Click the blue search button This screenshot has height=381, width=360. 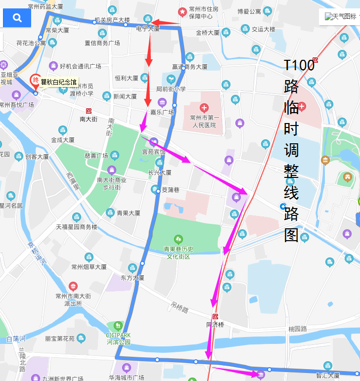pos(17,18)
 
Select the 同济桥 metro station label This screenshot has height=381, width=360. pos(215,325)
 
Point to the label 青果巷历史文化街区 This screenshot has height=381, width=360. pos(178,253)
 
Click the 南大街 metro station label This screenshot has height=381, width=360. pos(89,119)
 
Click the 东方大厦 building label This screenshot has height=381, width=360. pos(132,278)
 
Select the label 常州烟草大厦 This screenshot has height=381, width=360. pos(89,267)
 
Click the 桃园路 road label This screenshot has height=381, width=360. pos(298,329)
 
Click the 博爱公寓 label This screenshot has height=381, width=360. pos(249,11)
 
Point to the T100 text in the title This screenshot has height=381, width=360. pos(299,65)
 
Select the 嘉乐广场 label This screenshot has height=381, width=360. pos(162,112)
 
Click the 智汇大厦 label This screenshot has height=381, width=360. pos(327,376)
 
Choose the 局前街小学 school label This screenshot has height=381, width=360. pos(171,89)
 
